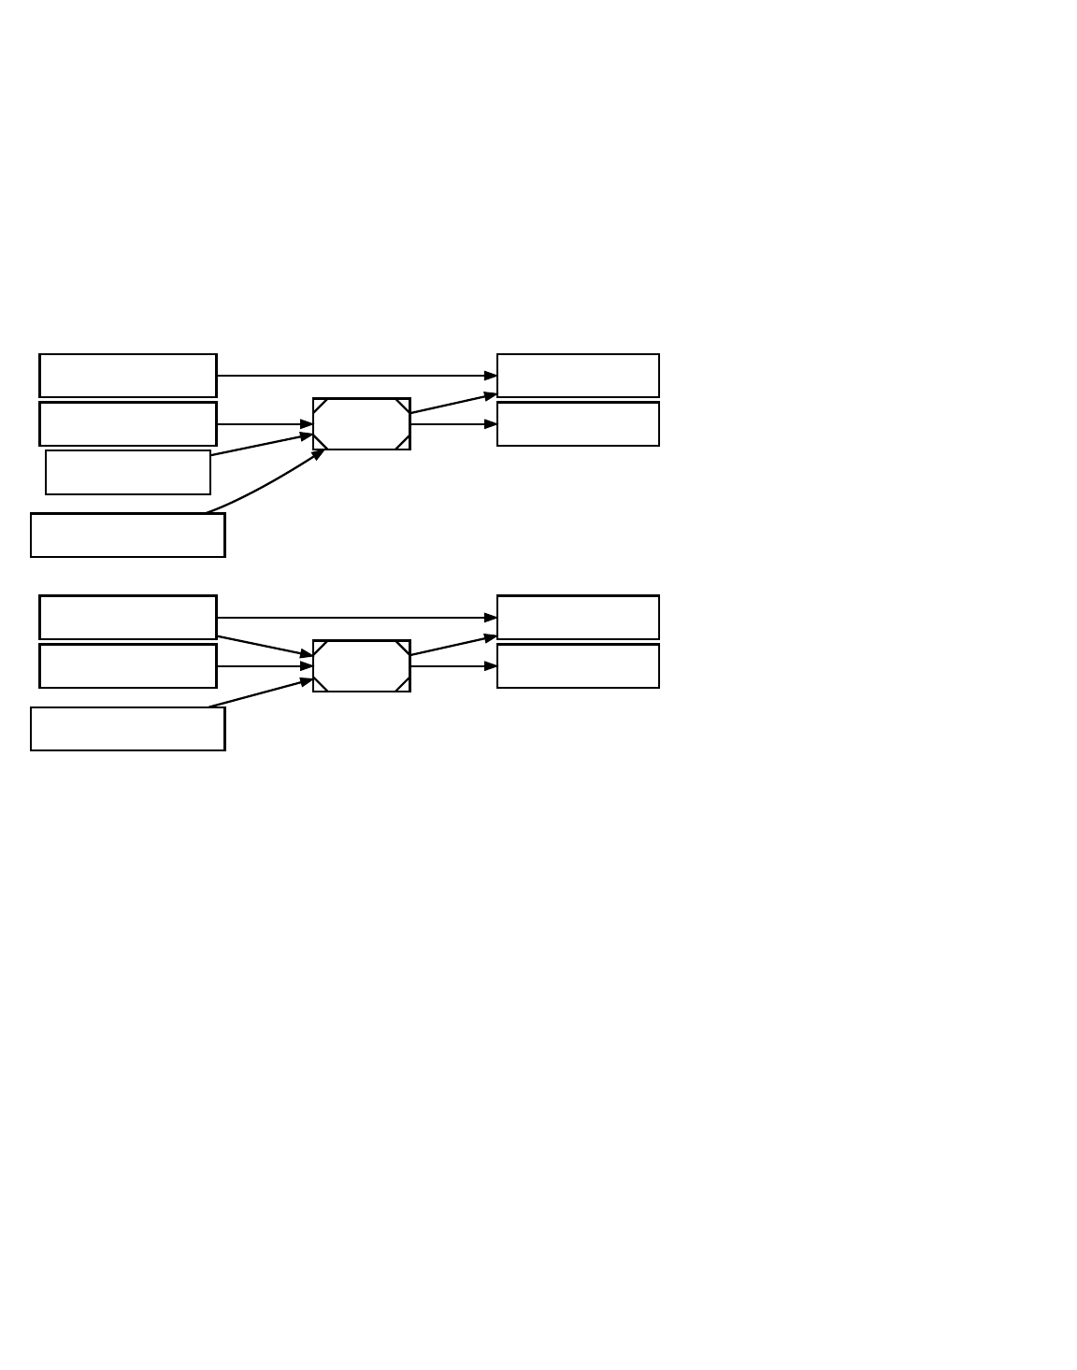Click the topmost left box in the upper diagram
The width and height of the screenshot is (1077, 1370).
point(128,376)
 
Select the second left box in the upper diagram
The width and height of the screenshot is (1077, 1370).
point(128,424)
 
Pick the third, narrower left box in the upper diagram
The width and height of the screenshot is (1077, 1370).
point(128,473)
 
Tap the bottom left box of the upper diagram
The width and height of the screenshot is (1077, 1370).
point(128,535)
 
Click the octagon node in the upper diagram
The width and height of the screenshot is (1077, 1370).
point(362,424)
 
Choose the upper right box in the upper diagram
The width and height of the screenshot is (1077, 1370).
point(578,376)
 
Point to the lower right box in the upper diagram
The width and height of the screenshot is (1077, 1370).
point(578,424)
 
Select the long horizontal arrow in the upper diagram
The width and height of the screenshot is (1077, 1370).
point(355,376)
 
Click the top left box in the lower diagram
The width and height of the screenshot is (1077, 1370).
point(128,618)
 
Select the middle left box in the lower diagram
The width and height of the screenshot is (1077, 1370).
point(128,666)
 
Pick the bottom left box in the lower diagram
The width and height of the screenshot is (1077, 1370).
point(128,729)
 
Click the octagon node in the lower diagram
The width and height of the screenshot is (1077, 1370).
point(362,666)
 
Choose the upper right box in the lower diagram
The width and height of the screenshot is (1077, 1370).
point(578,618)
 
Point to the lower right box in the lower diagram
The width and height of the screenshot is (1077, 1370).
point(578,666)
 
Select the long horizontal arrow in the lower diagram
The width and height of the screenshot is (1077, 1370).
point(355,618)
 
